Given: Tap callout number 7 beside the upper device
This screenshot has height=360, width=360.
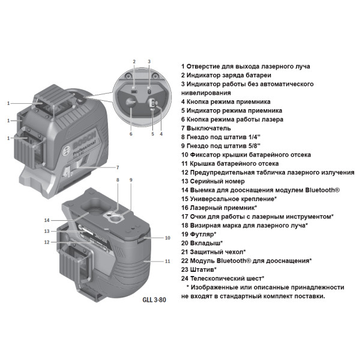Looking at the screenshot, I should [x=118, y=166].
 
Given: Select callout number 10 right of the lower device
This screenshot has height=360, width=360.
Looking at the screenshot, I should [x=167, y=238].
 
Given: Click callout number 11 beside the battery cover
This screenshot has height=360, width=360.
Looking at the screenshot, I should [x=167, y=261].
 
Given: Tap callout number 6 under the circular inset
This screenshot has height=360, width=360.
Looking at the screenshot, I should [x=130, y=134].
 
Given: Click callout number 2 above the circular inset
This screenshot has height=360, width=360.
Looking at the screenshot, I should [x=134, y=61].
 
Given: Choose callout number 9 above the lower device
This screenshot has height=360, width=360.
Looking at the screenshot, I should [x=131, y=180].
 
